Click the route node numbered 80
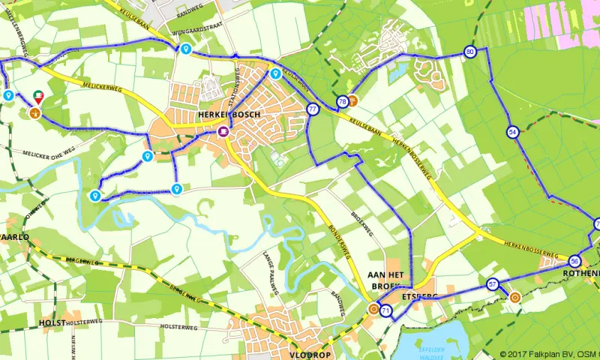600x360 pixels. click(470, 52)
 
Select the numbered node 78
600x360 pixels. click(343, 101)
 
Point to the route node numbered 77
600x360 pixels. click(312, 109)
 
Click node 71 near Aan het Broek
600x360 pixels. click(385, 310)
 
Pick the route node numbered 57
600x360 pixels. click(493, 284)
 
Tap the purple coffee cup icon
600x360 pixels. click(223, 131)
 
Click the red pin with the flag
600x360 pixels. click(38, 97)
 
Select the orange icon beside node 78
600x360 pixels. click(353, 100)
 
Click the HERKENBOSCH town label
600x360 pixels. click(228, 114)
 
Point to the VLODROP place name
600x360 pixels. click(310, 354)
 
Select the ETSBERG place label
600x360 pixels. click(420, 296)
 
